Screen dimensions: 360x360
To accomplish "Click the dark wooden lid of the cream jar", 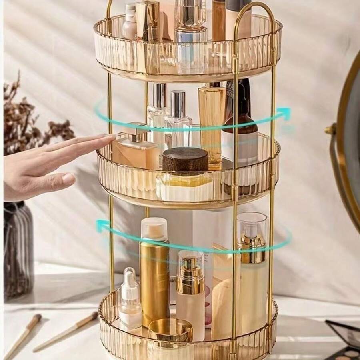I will pos(185,159).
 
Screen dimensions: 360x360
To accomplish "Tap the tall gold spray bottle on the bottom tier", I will pos(154,276).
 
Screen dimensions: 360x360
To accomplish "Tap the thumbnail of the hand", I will pos(68,178).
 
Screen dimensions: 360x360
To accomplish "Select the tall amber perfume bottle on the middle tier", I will pos(212,120).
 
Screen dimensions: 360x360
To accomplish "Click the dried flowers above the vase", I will pos(28,116).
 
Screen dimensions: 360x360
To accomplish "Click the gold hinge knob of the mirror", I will pos(330,130).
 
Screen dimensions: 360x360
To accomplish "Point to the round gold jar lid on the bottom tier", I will pos(170,329).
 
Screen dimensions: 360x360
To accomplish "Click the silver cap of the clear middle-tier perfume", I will pos(178,103).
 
